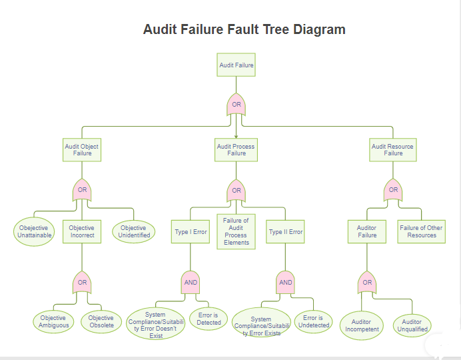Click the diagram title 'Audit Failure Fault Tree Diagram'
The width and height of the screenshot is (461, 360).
244,29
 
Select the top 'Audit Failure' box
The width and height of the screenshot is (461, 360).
236,65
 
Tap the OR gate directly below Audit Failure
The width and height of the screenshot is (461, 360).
236,105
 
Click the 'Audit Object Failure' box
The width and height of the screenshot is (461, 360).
82,150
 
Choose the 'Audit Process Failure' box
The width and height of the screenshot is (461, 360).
236,150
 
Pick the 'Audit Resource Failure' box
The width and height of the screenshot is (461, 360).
392,150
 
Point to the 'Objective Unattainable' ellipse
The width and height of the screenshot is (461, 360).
35,231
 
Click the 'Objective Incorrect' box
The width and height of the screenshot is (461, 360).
82,231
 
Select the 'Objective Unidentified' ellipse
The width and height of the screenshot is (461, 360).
133,231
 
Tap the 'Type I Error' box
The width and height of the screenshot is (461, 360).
191,232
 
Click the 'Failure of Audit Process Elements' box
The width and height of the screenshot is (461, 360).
236,231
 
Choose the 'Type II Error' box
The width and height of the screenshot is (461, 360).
285,232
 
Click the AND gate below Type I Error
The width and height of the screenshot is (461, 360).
191,282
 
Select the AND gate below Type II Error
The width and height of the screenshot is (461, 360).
285,282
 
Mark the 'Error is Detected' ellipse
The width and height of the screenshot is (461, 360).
209,319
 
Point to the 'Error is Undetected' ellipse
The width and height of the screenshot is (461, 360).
313,321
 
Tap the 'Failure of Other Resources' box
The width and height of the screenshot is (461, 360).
421,231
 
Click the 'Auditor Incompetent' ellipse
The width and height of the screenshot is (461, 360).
362,325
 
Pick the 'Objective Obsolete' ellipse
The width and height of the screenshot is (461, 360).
101,321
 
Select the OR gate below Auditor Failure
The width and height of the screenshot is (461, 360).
366,282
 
